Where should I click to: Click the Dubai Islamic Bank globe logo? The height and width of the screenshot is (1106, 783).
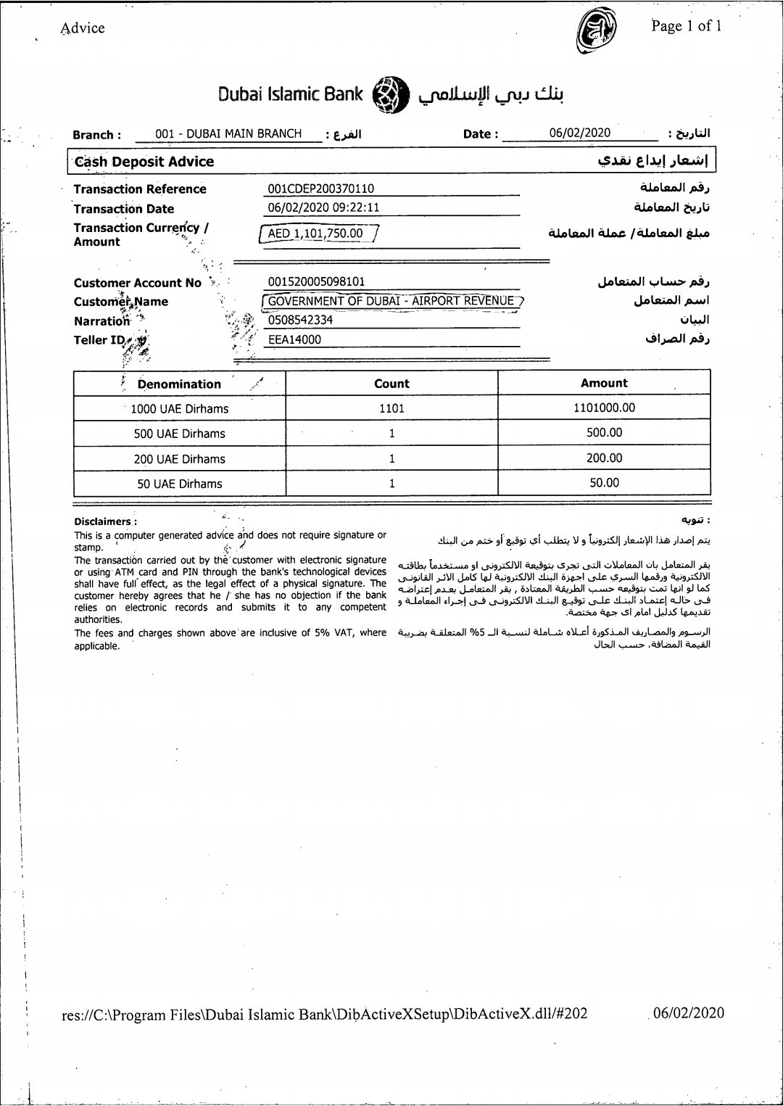(391, 94)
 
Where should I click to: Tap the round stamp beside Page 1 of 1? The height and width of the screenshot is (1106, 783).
(596, 33)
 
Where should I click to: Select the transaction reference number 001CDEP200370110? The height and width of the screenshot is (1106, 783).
(321, 189)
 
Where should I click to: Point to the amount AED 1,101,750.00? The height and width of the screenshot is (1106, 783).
(315, 234)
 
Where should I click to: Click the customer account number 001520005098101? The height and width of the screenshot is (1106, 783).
(317, 281)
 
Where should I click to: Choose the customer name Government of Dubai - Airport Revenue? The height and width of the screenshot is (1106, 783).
(391, 301)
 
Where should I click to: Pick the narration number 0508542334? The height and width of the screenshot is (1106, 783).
(300, 320)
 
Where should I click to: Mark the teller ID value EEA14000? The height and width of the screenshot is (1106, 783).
(294, 339)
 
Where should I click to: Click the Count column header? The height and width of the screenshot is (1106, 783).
(391, 384)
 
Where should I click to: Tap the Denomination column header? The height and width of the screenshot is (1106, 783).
(179, 384)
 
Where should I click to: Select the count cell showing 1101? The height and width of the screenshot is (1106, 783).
(391, 408)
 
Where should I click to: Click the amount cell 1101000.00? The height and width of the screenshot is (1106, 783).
(604, 408)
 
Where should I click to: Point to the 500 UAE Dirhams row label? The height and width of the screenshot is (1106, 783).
(179, 434)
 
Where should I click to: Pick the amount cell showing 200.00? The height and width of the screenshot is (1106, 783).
(604, 458)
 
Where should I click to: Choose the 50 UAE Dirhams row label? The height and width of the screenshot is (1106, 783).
(180, 484)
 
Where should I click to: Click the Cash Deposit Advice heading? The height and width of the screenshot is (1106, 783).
(144, 162)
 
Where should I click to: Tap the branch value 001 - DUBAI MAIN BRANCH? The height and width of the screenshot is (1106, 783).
(228, 133)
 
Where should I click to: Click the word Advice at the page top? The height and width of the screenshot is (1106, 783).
(83, 28)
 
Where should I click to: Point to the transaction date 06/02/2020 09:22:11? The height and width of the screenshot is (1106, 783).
(323, 207)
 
